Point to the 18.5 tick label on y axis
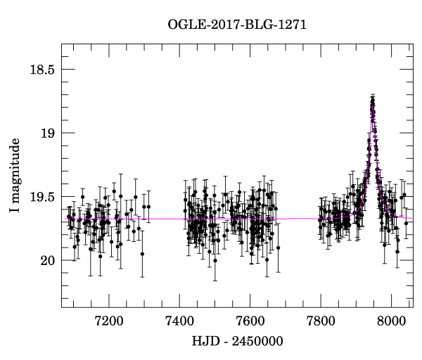pyautogui.click(x=41, y=70)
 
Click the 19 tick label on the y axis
pyautogui.click(x=48, y=134)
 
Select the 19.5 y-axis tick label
pyautogui.click(x=41, y=198)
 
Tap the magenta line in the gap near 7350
pyautogui.click(x=161, y=219)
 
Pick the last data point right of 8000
pyautogui.click(x=406, y=223)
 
